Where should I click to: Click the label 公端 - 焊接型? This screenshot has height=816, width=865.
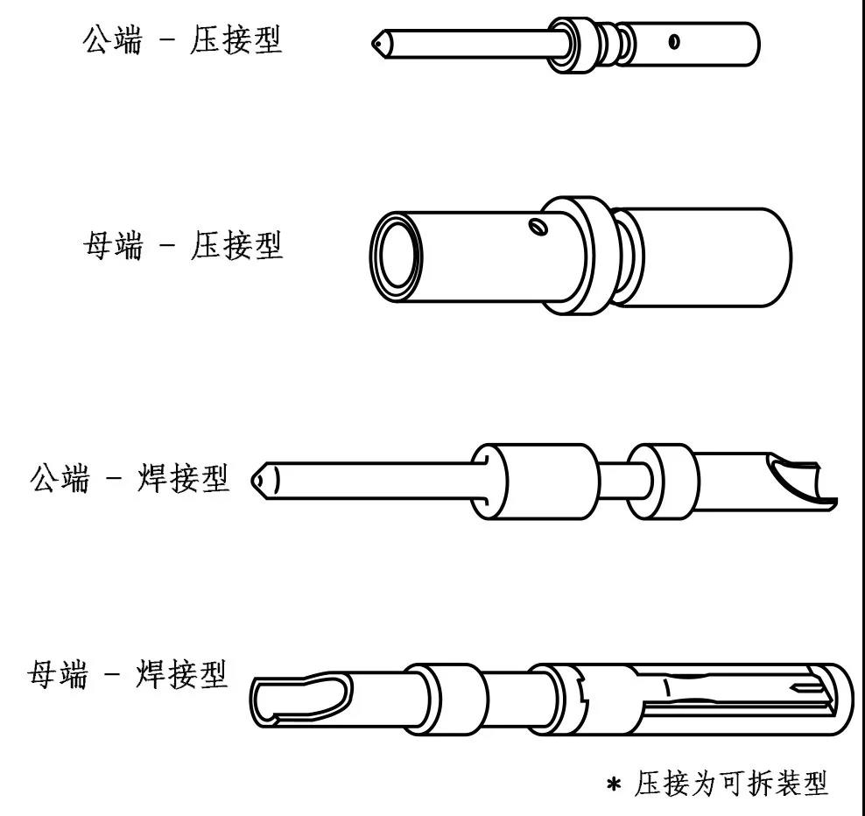[130, 479]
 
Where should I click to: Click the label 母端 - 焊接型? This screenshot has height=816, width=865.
[129, 676]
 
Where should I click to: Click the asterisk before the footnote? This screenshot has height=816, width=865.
[614, 783]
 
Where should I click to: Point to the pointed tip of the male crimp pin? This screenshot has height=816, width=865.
[376, 42]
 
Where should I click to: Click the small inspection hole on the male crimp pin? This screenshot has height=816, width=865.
[672, 41]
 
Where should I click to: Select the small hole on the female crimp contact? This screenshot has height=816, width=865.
[538, 229]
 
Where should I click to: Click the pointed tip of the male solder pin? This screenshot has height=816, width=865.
[261, 480]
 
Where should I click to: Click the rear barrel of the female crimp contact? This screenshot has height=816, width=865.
[709, 257]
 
